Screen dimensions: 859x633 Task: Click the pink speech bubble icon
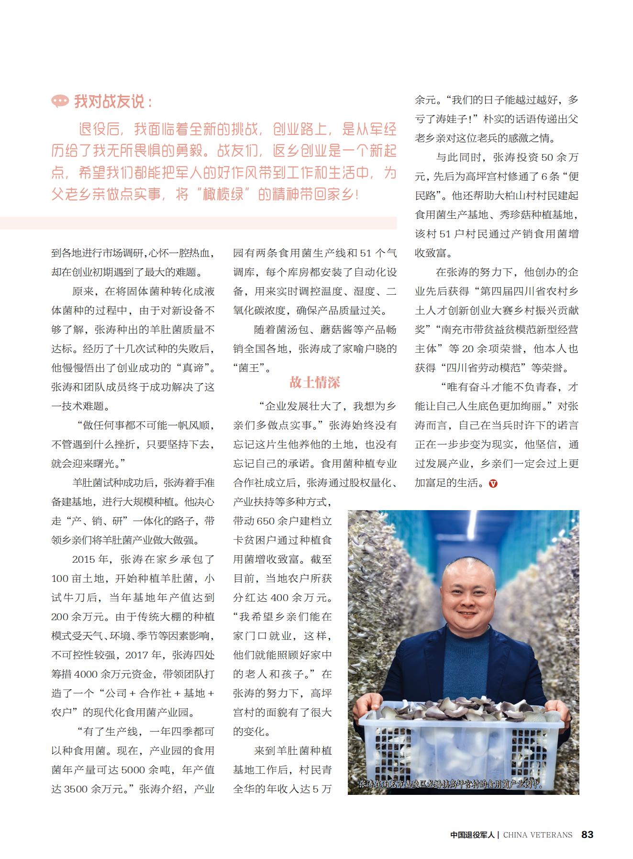pos(60,101)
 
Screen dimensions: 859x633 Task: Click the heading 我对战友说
pos(114,101)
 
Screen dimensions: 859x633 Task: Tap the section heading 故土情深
pos(314,382)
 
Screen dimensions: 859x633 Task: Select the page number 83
pos(587,834)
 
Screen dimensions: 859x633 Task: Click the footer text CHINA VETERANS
pos(537,835)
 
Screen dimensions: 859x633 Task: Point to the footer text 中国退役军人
pos(473,835)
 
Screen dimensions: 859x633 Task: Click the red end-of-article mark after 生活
pos(493,483)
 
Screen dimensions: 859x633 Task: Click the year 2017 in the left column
pos(137,655)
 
